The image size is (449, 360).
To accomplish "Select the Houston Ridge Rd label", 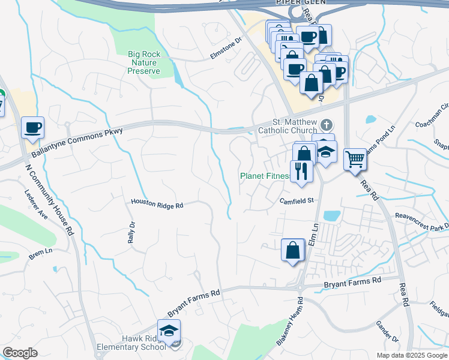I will point(157,205).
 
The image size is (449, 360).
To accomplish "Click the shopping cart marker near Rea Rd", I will point(355,160).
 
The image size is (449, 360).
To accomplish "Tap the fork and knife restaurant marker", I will point(301,172).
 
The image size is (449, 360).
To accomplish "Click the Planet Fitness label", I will point(265,176).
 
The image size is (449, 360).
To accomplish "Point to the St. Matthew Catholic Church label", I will point(288,125).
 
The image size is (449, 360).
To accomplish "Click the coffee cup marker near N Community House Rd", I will point(33,128).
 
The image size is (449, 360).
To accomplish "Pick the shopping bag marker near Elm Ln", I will point(292,250).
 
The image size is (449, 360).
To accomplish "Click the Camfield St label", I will point(297,202).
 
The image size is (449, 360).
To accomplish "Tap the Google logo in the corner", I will point(20,353).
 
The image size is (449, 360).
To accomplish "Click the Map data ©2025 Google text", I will point(412,355).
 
